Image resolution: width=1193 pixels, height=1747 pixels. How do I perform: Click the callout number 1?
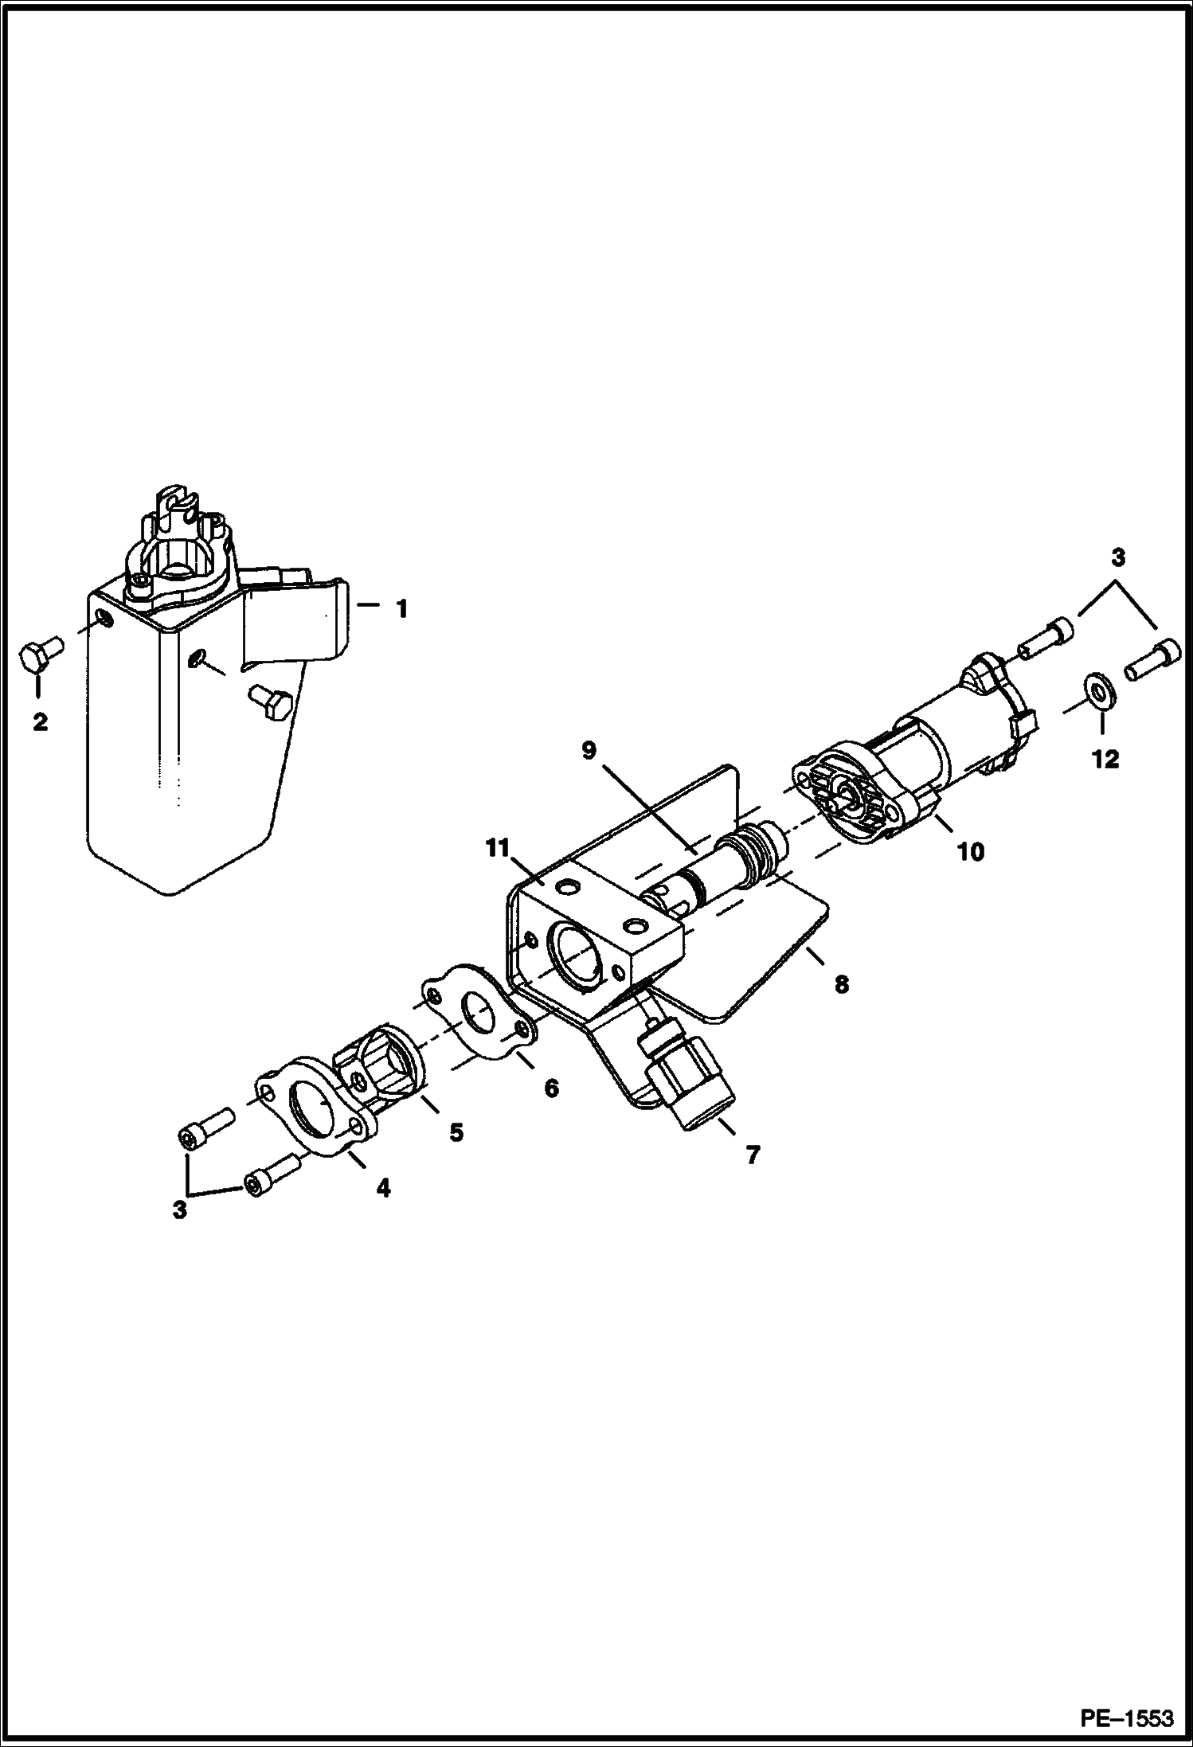coord(402,609)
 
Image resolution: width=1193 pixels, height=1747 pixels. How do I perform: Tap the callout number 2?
coord(40,722)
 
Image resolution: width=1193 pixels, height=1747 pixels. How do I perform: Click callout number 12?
coord(1105,759)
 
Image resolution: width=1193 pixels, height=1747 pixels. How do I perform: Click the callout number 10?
coord(971,852)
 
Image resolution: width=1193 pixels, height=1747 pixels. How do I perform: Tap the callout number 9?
coord(589,751)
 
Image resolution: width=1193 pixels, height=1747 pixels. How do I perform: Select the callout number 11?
coord(498,849)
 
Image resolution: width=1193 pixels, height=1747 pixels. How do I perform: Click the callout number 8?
coord(841,984)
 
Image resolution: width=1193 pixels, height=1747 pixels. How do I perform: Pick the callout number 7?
coord(753,1154)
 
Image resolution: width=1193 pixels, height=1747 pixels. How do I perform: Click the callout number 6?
coord(551,1088)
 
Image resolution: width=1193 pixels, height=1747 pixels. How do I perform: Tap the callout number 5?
coord(456,1132)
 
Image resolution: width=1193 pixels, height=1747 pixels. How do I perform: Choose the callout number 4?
coord(383,1188)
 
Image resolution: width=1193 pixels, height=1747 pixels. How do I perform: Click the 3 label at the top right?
coord(1118,557)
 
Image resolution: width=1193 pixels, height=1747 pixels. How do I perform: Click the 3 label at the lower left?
coord(180,1210)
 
